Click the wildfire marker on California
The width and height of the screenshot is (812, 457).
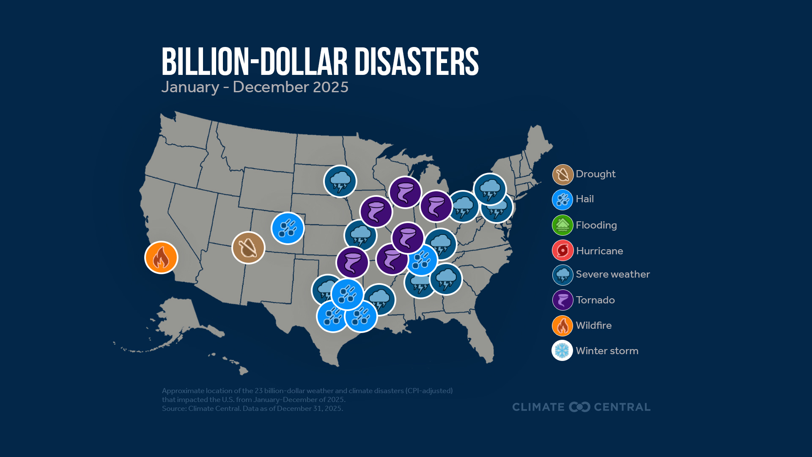point(161,257)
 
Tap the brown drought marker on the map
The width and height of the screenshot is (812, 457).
point(248,248)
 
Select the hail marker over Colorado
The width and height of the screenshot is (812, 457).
point(288,228)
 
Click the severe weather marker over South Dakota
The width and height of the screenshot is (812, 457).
point(340,181)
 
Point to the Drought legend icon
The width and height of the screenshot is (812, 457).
point(562,174)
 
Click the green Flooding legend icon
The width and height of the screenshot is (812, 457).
point(562,225)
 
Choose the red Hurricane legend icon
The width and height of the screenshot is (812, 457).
point(562,251)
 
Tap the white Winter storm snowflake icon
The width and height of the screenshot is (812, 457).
point(562,350)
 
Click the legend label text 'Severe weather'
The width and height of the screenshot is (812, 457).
point(612,274)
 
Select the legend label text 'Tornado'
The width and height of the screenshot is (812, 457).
point(595,300)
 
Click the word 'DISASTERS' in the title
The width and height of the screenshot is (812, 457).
point(416,62)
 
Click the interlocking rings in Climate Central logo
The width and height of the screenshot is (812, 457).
point(579,407)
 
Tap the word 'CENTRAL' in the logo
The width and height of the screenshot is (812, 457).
point(622,407)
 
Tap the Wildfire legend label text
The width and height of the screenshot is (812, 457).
point(593,325)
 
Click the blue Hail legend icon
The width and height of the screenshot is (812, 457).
point(562,200)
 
